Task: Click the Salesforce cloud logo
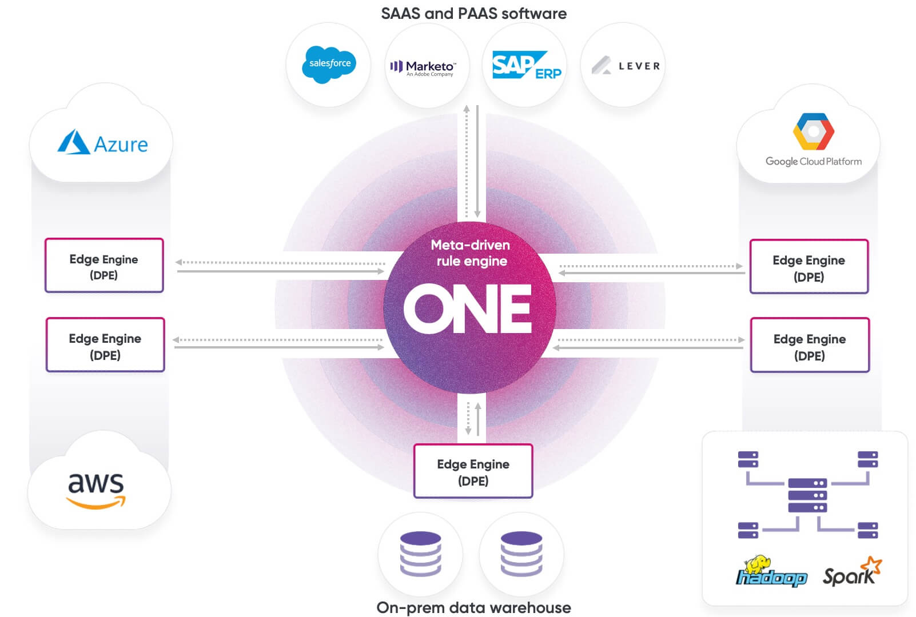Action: point(329,64)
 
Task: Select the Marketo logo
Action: point(423,68)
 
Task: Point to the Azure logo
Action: point(103,143)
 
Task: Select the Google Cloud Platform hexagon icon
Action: point(813,131)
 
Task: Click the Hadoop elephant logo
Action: point(771,572)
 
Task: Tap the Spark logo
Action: point(851,572)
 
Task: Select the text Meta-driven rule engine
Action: point(471,253)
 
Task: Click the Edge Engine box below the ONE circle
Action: point(473,471)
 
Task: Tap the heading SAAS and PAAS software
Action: point(473,14)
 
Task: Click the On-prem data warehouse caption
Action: point(473,607)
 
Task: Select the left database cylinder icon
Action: point(420,554)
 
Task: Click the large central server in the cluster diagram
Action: point(807,495)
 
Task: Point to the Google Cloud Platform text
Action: point(813,162)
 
